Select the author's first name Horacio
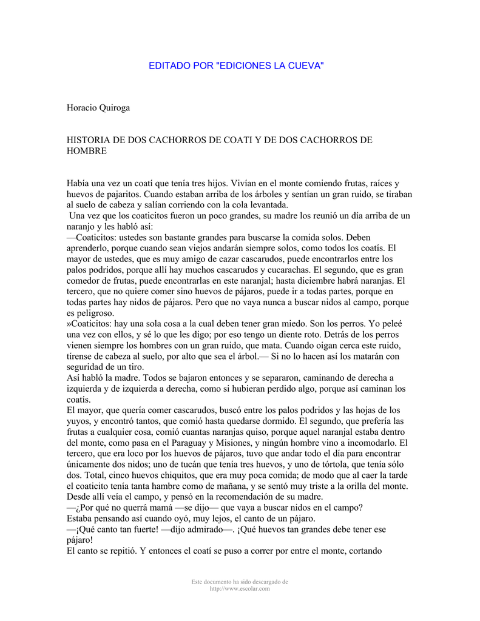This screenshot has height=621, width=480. pyautogui.click(x=84, y=108)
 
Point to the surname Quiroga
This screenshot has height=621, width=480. pyautogui.click(x=118, y=108)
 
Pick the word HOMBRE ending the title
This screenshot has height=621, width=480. pyautogui.click(x=86, y=151)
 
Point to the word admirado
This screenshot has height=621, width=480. pyautogui.click(x=198, y=529)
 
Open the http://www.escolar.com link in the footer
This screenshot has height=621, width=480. pyautogui.click(x=240, y=589)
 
